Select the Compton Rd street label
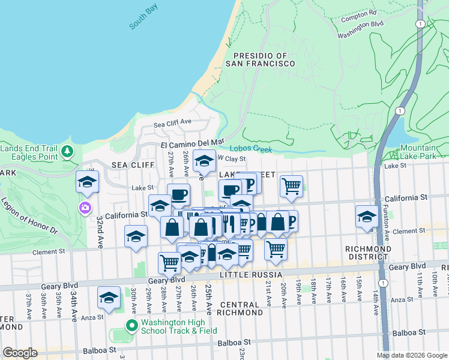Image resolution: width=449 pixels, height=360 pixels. pos(359,13)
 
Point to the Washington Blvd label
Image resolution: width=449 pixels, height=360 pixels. pos(360,24)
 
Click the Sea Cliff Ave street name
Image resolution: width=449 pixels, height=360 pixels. pos(172,122)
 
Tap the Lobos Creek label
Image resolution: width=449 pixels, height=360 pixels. pos(251,149)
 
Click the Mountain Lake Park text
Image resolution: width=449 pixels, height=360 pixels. pos(418,152)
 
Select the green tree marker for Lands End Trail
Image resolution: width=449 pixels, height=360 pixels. pos(68,151)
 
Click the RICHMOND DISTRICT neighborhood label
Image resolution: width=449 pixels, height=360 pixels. pos(369,253)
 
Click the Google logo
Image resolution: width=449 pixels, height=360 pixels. pos(20,352)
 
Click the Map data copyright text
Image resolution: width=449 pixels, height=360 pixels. pos(411,355)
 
